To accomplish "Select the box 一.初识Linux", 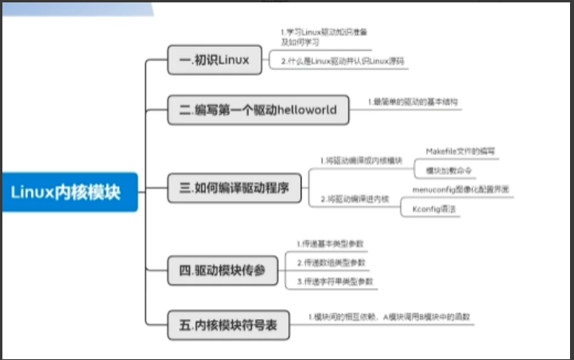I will click(214, 60).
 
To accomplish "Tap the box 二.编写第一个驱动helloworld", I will click(258, 110).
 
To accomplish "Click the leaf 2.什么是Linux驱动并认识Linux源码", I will click(342, 60).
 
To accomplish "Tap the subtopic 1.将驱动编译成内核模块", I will click(360, 160).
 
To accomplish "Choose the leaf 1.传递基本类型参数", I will click(330, 242).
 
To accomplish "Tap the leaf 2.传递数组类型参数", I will click(330, 261).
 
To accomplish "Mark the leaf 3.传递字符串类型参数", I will click(334, 281).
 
